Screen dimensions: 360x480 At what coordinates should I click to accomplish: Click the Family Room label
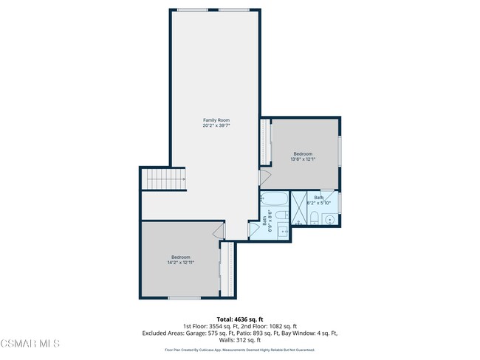(x=216, y=120)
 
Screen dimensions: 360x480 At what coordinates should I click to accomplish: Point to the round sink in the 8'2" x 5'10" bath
(x=330, y=219)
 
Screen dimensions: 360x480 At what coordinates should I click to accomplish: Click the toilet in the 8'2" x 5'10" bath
(x=314, y=217)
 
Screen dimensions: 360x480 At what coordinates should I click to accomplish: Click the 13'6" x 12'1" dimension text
(x=303, y=159)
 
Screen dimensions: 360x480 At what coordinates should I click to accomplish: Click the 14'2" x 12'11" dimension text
(x=180, y=262)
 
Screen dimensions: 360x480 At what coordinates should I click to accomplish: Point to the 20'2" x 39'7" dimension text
(x=216, y=125)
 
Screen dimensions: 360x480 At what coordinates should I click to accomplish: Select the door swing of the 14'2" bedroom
(x=219, y=231)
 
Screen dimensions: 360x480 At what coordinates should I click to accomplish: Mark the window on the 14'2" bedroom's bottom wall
(x=184, y=297)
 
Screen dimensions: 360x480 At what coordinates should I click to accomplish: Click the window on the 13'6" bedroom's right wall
(x=340, y=151)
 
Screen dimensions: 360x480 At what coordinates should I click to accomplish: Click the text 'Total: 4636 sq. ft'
(x=239, y=319)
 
